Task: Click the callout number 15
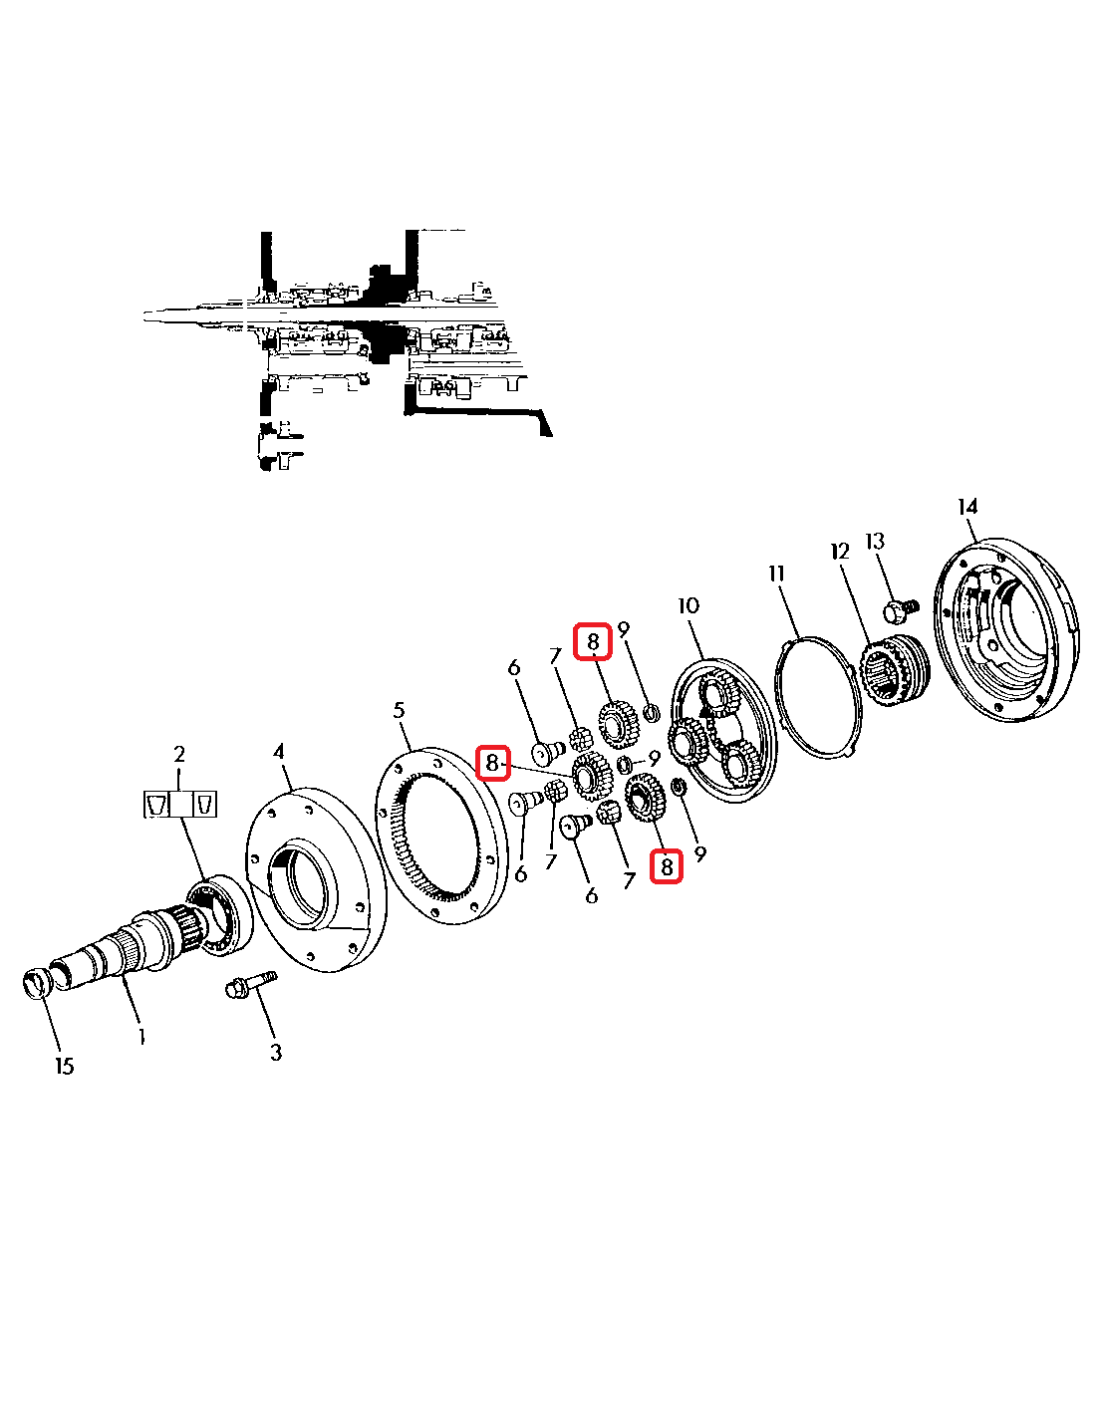[x=64, y=1066]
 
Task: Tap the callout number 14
[x=967, y=507]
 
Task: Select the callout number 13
[x=875, y=541]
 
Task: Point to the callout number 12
[x=840, y=551]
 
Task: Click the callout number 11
[x=777, y=573]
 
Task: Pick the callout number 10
[x=688, y=605]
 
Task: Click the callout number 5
[x=399, y=710]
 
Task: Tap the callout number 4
[x=279, y=751]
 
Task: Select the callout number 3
[x=276, y=1052]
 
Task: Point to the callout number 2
[x=179, y=753]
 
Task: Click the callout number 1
[x=141, y=1036]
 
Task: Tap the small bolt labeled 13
[x=900, y=608]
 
